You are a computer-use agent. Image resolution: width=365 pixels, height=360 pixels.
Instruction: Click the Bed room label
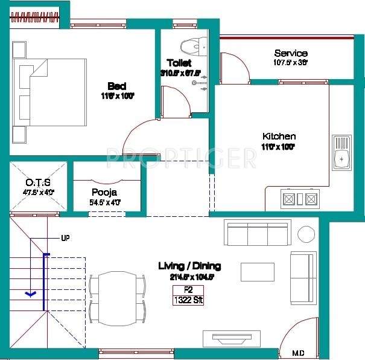pyautogui.click(x=117, y=85)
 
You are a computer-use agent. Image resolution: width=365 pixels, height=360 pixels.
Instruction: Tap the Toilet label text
pyautogui.click(x=179, y=63)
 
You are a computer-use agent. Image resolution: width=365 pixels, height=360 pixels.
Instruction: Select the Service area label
pyautogui.click(x=290, y=53)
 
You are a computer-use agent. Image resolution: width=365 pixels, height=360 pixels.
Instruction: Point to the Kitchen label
pyautogui.click(x=279, y=137)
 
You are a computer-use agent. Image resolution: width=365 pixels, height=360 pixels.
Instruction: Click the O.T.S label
pyautogui.click(x=37, y=182)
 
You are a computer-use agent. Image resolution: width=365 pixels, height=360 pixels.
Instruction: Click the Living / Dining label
pyautogui.click(x=189, y=266)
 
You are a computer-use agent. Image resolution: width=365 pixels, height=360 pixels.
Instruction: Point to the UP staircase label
pyautogui.click(x=65, y=238)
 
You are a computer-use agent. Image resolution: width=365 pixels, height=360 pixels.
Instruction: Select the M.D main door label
pyautogui.click(x=298, y=353)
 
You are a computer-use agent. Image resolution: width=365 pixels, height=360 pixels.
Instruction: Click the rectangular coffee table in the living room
pyautogui.click(x=258, y=272)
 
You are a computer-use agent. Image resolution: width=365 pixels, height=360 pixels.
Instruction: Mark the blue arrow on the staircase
pyautogui.click(x=30, y=295)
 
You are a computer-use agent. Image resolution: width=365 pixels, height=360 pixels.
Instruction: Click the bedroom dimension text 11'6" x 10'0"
pyautogui.click(x=117, y=96)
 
